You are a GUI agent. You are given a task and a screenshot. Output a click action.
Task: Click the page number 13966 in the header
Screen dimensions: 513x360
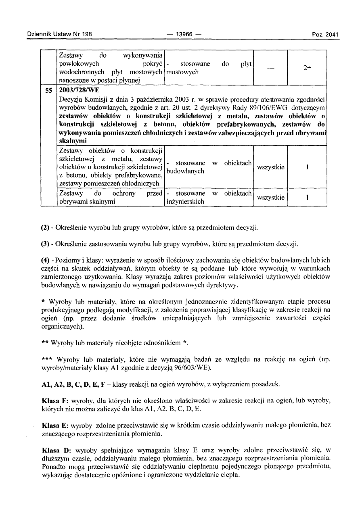[x=184, y=34]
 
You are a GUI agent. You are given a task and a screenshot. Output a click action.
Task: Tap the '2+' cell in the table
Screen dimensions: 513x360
[x=306, y=69]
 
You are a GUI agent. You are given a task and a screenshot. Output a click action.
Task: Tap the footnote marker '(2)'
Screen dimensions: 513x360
[x=46, y=228]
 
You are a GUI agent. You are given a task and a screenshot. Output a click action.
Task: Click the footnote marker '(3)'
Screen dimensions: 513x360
[x=46, y=244]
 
